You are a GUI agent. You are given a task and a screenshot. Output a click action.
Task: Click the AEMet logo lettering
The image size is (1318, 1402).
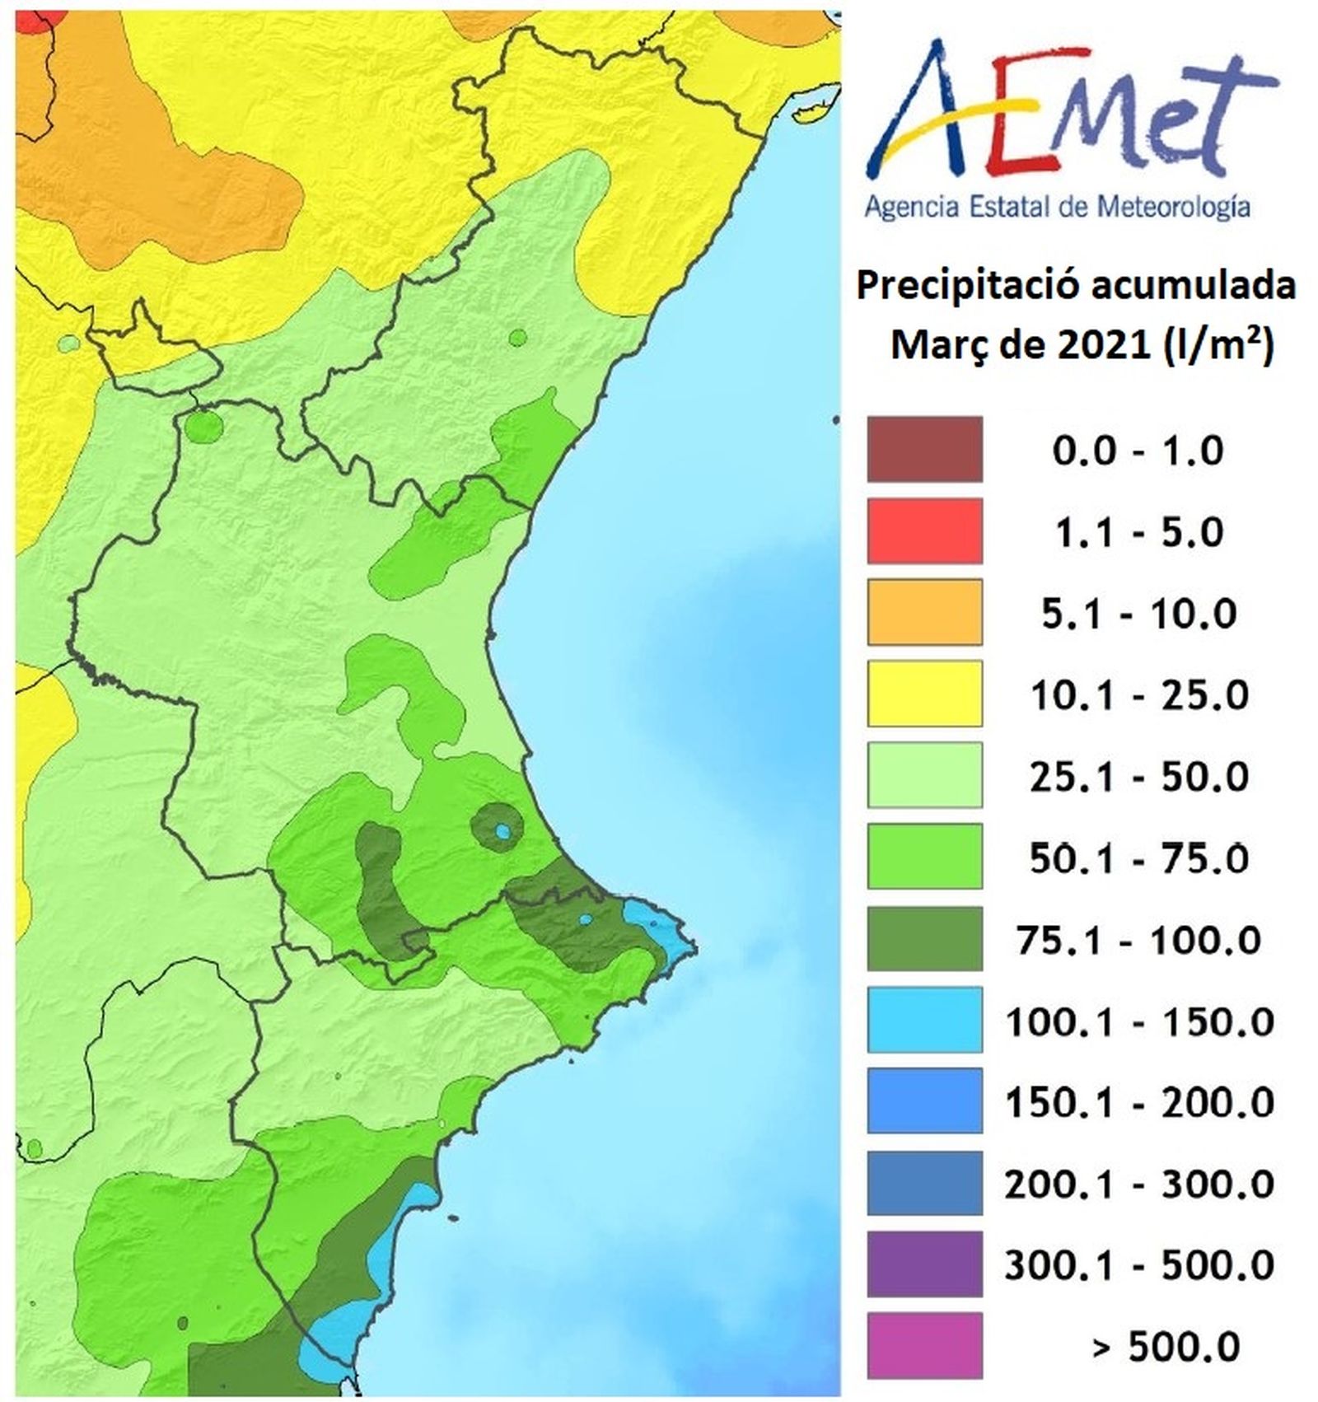click(1071, 115)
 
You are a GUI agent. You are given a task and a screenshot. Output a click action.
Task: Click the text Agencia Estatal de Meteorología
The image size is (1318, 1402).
click(1057, 206)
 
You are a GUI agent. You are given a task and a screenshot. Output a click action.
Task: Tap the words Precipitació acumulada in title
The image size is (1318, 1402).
click(1076, 287)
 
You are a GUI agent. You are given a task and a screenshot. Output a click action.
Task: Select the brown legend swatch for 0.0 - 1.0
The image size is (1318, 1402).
click(924, 450)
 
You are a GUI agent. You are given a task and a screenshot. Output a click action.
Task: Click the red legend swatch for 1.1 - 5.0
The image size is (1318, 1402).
click(924, 531)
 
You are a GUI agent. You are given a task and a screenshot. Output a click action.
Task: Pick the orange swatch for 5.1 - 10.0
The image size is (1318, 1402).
click(924, 612)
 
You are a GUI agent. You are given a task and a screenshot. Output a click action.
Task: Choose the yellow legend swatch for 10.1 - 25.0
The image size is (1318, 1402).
click(924, 694)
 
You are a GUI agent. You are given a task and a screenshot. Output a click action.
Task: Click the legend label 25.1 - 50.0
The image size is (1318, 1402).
click(1138, 776)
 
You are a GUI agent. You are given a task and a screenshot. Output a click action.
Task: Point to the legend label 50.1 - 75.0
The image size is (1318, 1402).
click(1138, 858)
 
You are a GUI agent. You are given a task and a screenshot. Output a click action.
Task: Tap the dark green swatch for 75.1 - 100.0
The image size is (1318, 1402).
click(924, 939)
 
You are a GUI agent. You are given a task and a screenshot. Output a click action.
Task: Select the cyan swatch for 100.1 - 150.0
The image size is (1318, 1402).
click(924, 1020)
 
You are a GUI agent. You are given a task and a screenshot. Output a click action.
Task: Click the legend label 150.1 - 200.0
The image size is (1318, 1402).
click(1138, 1102)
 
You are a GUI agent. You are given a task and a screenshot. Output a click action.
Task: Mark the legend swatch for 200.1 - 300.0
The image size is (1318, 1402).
click(924, 1184)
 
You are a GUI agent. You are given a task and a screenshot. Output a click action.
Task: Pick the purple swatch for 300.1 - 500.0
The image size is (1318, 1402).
click(924, 1264)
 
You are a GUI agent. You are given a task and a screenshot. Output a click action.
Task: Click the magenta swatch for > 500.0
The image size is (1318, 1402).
click(924, 1346)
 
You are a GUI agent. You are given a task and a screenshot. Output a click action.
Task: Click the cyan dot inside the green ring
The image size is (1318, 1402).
click(502, 831)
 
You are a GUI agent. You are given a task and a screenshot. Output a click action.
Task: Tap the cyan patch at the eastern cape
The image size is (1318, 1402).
click(659, 928)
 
